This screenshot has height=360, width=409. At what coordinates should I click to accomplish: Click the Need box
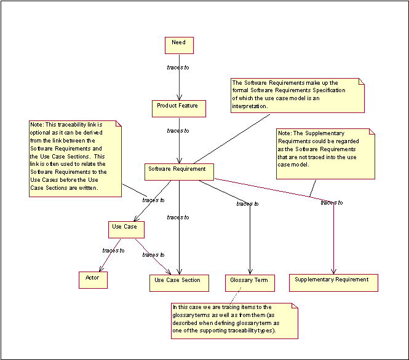click(x=179, y=45)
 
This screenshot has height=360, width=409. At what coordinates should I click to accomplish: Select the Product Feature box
click(x=178, y=108)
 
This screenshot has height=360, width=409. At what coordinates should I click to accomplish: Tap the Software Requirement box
click(x=180, y=171)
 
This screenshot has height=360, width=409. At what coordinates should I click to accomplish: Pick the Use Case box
click(x=127, y=229)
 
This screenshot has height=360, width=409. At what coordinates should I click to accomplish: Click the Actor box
click(x=93, y=280)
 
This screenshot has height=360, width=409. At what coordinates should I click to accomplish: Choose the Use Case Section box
click(x=177, y=283)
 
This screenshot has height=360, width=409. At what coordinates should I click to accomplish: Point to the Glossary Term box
click(x=249, y=283)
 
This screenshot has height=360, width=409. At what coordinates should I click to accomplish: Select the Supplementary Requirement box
click(x=333, y=282)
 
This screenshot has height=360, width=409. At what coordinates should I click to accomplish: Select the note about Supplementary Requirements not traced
click(x=325, y=153)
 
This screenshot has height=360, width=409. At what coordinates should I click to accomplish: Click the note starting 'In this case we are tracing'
click(x=234, y=320)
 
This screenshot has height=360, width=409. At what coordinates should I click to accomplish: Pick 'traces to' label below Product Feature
click(x=178, y=131)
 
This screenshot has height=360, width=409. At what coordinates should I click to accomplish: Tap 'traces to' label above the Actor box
click(x=113, y=250)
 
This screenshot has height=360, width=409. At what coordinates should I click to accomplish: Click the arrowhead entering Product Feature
click(x=179, y=98)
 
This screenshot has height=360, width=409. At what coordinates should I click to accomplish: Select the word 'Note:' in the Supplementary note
click(x=285, y=133)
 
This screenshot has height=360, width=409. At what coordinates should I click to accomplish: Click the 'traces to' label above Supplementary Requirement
click(x=332, y=203)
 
